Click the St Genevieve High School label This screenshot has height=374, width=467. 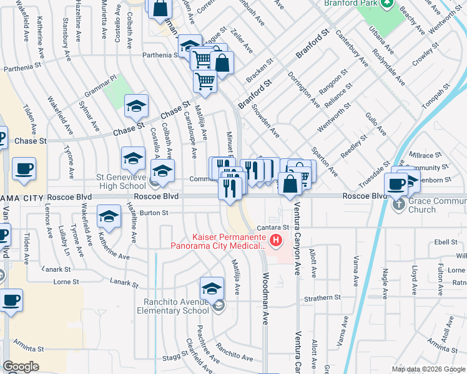[121, 181]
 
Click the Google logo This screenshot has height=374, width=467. [21, 367]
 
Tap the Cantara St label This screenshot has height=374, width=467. [277, 228]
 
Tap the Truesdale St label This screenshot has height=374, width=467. [373, 176]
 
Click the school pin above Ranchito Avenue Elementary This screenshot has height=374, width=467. [212, 289]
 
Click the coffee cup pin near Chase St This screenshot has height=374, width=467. [24, 169]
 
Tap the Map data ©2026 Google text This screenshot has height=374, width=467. [428, 369]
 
